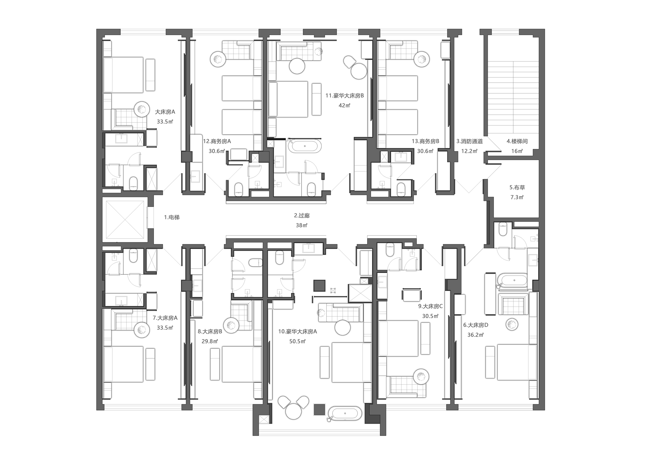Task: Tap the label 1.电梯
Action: (172, 217)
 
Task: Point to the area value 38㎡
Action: (302, 225)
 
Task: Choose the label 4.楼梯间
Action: (517, 141)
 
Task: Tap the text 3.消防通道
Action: (470, 141)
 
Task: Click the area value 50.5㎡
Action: (297, 341)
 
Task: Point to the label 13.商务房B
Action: (425, 141)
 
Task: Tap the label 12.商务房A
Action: (217, 141)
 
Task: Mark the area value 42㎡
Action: (344, 105)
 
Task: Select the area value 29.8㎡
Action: (210, 341)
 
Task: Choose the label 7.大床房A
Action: (165, 318)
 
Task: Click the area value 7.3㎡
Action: (517, 197)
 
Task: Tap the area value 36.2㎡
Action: (475, 335)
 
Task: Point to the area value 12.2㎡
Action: (469, 151)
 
